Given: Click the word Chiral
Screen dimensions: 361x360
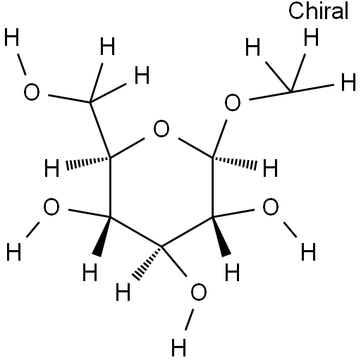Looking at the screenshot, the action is pos(318,11).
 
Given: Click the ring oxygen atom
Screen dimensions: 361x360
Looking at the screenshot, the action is pos(161,129).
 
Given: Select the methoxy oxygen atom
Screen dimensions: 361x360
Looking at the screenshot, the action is pos(233,102).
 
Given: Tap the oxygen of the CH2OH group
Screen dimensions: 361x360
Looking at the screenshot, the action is pos(32,92).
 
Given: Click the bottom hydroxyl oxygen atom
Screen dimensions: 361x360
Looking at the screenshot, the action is pos(199,292).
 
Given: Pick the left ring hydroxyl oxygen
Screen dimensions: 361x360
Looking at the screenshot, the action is pos(51,207).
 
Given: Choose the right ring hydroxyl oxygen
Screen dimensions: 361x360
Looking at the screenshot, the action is pos(271,207).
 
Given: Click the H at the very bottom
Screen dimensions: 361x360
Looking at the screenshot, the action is pos(179,347).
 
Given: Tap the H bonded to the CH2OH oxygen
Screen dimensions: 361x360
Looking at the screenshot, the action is pos(11,37).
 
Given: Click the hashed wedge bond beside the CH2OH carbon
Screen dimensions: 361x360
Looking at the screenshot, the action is pos(88,162).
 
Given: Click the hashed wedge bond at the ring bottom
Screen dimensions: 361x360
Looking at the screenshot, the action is pos(147,263).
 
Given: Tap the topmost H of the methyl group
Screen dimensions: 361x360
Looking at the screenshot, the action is pos(311,37).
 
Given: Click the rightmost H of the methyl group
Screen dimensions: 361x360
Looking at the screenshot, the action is pos(348,82).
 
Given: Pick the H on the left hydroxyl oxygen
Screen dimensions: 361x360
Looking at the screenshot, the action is pos(14,252).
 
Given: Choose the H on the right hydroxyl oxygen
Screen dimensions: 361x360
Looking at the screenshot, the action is pos(308,252).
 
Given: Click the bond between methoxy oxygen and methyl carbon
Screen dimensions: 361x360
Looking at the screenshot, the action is pos(270,96).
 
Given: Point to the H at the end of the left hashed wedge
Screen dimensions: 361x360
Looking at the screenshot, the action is pos(52,168).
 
